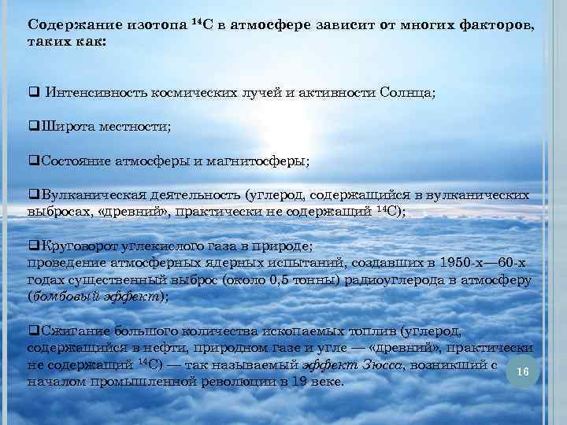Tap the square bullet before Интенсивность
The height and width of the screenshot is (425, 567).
(x=32, y=93)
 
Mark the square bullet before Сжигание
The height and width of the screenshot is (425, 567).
(x=32, y=332)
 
